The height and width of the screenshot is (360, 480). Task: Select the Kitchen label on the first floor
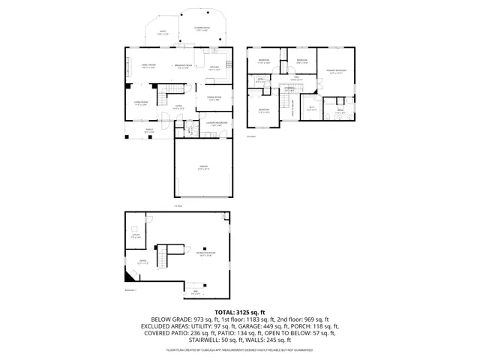point(213,66)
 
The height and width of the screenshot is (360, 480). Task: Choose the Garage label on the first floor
point(203,167)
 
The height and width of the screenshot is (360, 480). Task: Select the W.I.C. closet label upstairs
point(312,108)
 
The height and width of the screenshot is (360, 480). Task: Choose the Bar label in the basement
point(195,291)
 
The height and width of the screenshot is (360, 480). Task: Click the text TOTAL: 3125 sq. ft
point(240,311)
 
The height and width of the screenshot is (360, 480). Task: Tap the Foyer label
point(179,107)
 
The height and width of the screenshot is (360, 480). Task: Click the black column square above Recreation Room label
point(205,247)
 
